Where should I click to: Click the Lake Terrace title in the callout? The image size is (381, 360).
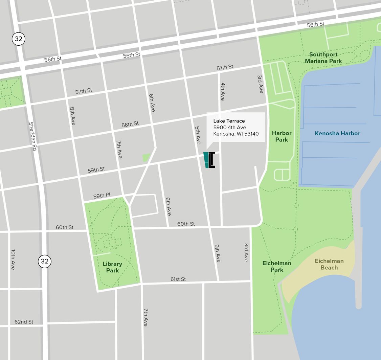click(x=229, y=121)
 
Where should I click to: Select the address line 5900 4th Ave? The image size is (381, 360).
click(x=229, y=127)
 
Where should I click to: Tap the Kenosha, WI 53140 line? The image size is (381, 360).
click(x=236, y=134)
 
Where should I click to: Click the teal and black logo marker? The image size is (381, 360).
click(x=209, y=160)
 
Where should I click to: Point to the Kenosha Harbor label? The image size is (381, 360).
click(x=337, y=133)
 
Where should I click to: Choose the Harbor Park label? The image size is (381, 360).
click(x=281, y=136)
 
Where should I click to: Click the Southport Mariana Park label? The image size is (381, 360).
click(x=323, y=58)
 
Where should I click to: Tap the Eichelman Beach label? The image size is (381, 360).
click(x=329, y=264)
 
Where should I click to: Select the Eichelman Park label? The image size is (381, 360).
click(x=277, y=266)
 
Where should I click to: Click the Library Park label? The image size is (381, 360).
click(x=112, y=267)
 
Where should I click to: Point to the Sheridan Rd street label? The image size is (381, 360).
click(x=32, y=136)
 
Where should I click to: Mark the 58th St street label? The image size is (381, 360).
click(x=130, y=124)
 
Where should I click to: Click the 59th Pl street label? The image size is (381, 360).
click(x=102, y=196)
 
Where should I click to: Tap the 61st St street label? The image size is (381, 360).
click(x=178, y=279)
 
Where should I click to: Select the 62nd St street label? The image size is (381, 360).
click(x=24, y=321)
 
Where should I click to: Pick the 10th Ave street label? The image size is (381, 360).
click(x=13, y=260)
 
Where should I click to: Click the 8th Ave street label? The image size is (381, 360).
click(x=72, y=116)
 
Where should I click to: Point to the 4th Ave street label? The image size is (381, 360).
click(x=222, y=91)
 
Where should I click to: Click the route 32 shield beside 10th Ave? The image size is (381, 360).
click(x=44, y=261)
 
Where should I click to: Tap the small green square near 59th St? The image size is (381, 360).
click(x=146, y=158)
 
